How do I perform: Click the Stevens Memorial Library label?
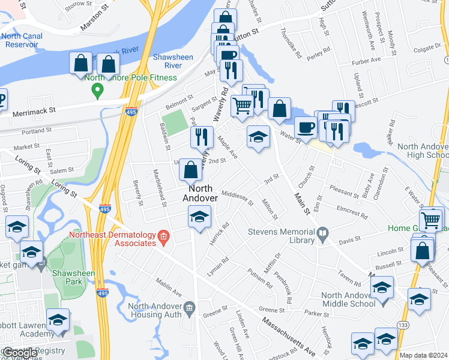(x=281, y=236)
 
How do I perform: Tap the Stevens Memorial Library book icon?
(x=323, y=232)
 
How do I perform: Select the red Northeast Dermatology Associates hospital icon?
(x=162, y=239)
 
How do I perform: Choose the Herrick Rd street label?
(x=223, y=234)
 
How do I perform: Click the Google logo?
(x=19, y=353)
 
